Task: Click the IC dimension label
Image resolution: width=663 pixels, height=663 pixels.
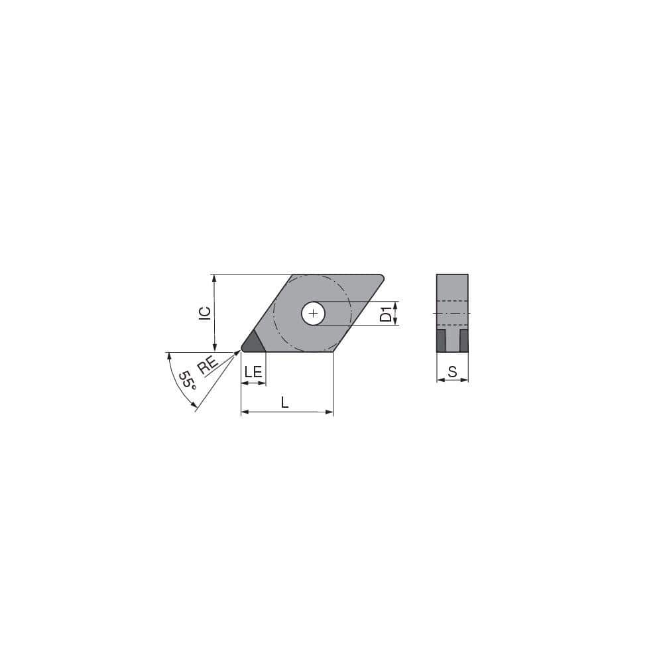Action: click(x=206, y=313)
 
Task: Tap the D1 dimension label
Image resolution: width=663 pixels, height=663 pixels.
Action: click(x=385, y=314)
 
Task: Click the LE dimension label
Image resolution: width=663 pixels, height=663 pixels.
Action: click(x=253, y=372)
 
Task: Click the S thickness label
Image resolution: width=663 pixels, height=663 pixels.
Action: click(x=452, y=372)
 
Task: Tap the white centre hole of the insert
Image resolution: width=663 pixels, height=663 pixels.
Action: click(x=313, y=314)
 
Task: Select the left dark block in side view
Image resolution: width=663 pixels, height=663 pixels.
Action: click(x=441, y=341)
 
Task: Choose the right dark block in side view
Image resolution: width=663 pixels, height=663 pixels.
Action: click(x=463, y=341)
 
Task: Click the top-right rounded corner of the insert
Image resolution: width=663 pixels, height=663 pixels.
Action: click(x=381, y=277)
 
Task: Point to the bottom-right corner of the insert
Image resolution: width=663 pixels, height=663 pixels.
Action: click(x=331, y=351)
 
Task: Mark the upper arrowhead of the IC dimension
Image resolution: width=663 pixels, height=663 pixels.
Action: click(x=214, y=278)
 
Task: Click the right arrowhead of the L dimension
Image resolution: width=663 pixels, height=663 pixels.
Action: click(x=330, y=412)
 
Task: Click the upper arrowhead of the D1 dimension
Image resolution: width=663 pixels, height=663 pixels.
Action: click(x=396, y=305)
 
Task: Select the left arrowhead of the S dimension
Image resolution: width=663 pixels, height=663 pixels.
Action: click(x=440, y=381)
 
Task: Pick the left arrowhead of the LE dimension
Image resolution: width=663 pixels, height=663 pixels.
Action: click(x=243, y=383)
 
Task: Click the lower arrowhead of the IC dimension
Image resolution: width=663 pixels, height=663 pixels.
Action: click(x=214, y=349)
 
